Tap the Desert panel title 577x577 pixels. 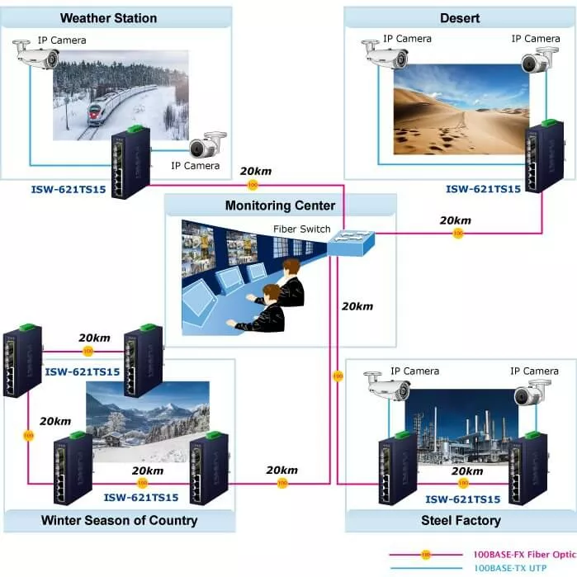point(460,17)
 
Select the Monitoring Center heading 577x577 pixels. point(281,206)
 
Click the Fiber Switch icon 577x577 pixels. point(351,243)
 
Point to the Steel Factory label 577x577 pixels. point(461,520)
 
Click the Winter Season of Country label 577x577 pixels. point(120,520)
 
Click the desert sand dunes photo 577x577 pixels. point(460,110)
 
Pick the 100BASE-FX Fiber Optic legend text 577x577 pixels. point(524,555)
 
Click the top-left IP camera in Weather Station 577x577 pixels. point(38,56)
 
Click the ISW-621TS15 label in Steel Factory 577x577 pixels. point(463,499)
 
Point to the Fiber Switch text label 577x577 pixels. point(302,229)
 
